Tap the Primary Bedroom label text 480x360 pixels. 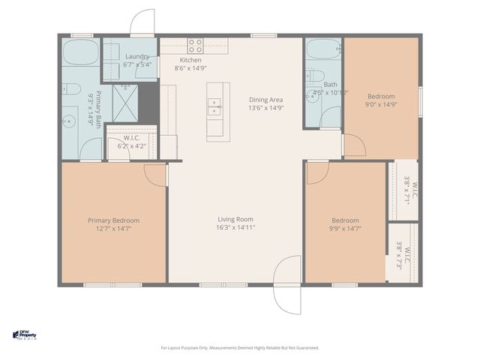114,220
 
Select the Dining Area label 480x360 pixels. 266,99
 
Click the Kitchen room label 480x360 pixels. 190,60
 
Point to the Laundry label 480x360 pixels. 138,56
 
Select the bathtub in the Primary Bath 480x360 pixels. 79,53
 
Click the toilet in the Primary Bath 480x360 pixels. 71,89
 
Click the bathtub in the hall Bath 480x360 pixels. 323,52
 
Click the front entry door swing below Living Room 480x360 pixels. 286,285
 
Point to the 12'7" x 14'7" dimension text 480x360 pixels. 114,229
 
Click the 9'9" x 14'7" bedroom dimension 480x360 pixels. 344,229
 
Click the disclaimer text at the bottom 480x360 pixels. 240,348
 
